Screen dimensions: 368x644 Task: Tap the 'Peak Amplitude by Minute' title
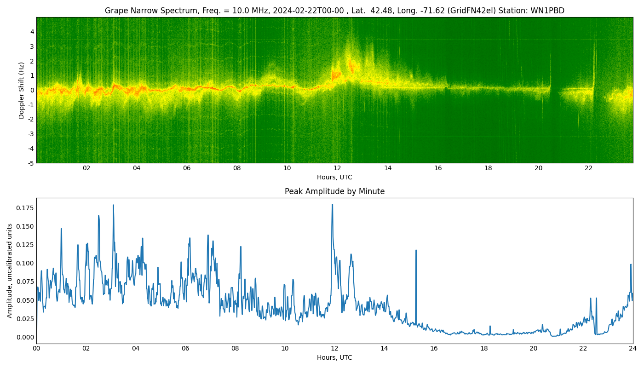334,191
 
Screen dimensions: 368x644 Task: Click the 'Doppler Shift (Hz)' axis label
22,90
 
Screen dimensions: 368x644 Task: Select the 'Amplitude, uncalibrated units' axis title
10,270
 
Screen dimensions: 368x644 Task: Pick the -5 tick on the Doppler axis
30,163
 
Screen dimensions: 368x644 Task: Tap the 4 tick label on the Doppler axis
32,32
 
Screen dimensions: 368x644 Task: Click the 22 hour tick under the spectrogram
588,168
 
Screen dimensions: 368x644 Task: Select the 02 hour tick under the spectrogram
86,168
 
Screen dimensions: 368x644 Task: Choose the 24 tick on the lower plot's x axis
633,349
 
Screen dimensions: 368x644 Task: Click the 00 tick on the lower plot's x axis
36,349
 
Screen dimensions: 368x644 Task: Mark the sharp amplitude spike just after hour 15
416,251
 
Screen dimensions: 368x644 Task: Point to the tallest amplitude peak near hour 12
332,205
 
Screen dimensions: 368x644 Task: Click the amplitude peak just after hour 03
113,206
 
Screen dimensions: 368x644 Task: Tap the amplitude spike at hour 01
61,229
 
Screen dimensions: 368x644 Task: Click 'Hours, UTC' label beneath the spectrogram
334,177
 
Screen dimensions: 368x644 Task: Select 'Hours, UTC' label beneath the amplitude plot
334,357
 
